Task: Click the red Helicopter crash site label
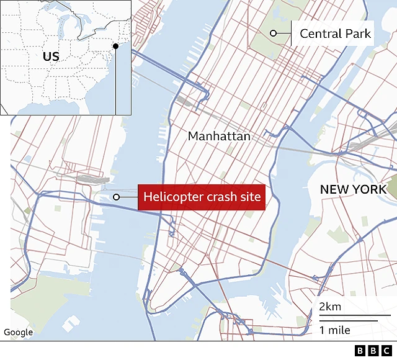202,198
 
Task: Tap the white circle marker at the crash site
116,198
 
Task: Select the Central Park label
335,34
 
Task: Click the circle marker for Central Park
273,34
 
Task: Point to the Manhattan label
219,136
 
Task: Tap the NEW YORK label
353,189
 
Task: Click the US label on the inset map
51,56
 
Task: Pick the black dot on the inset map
115,46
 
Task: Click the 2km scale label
330,307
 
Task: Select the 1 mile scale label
335,330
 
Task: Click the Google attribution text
18,333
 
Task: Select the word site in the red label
249,198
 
